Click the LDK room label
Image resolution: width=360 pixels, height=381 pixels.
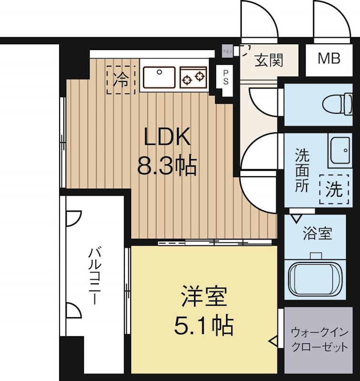pyautogui.click(x=167, y=138)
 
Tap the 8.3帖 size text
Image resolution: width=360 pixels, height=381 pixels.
pyautogui.click(x=167, y=166)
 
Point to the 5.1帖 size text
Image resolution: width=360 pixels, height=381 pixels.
pyautogui.click(x=204, y=326)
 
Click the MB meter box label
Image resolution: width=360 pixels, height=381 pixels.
pyautogui.click(x=329, y=59)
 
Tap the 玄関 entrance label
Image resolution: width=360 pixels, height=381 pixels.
pyautogui.click(x=269, y=60)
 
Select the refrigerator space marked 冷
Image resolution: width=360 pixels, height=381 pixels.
pyautogui.click(x=121, y=80)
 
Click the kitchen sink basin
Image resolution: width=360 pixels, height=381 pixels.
pyautogui.click(x=159, y=78)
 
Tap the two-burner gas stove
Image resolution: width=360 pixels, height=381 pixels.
pyautogui.click(x=193, y=78)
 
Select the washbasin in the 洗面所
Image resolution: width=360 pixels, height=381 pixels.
pyautogui.click(x=341, y=150)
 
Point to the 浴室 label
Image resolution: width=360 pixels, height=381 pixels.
pyautogui.click(x=318, y=234)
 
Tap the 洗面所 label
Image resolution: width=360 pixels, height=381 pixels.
pyautogui.click(x=301, y=170)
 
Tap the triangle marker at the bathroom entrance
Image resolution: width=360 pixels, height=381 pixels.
pyautogui.click(x=296, y=218)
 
